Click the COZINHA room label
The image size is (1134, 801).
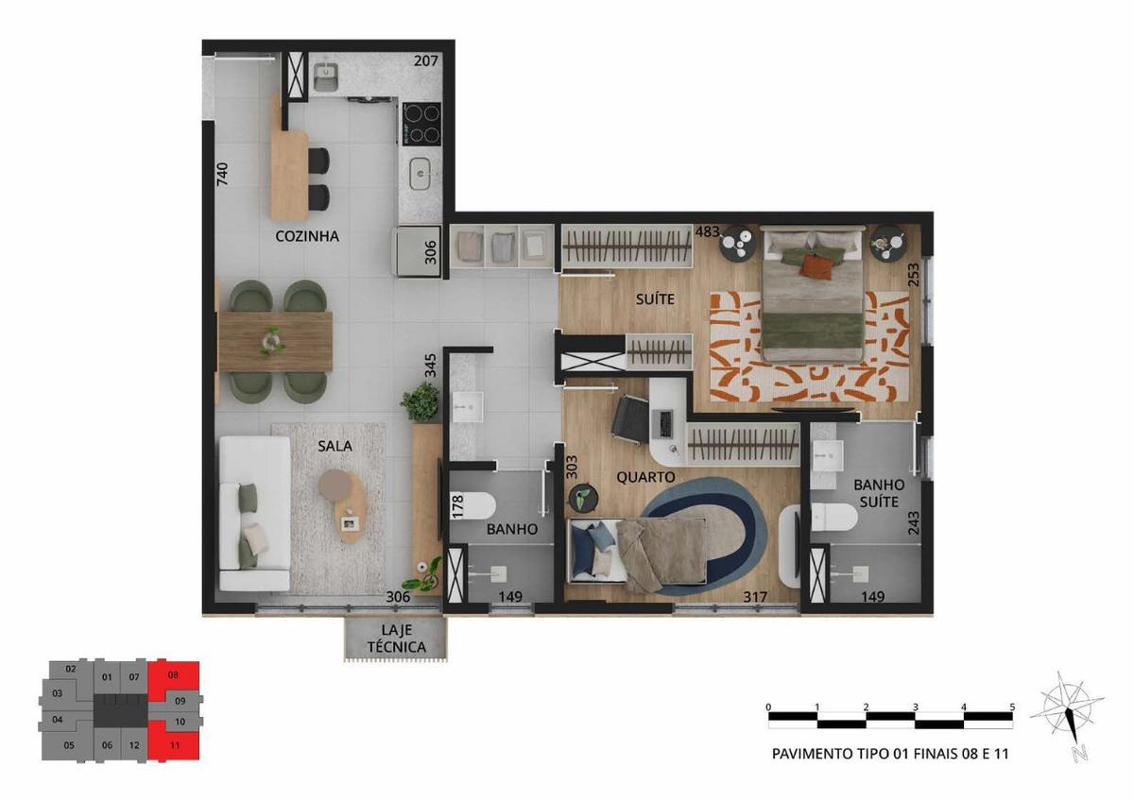pos(307,236)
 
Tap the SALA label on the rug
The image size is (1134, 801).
pos(335,446)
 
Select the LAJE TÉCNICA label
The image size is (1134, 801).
pos(396,639)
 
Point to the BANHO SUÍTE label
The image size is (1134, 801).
pos(879,493)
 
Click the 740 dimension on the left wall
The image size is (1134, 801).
pos(222,174)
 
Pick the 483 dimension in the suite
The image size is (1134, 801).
pos(707,231)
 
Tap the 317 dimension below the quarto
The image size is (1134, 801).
pos(755,597)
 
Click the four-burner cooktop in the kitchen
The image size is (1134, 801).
pos(421,124)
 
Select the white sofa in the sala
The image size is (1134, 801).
pos(254,513)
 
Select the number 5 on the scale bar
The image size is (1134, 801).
pos(1012,707)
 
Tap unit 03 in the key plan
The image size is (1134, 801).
pos(58,693)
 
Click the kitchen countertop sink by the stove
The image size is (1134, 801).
pos(420,174)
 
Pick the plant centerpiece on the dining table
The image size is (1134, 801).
pos(272,341)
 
